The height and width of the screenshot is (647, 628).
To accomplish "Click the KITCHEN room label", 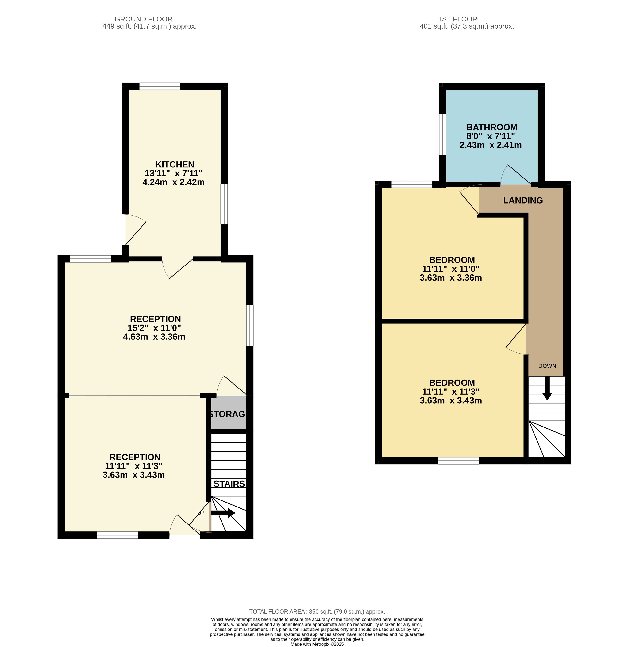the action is (x=175, y=164).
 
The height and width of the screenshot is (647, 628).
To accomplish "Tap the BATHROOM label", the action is (x=492, y=127).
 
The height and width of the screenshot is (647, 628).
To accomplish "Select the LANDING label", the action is (x=523, y=200).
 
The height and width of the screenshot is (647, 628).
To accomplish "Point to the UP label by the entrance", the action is (x=201, y=513).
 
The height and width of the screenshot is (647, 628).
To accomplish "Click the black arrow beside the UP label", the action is (x=223, y=513).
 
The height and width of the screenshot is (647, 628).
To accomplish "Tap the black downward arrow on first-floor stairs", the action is (x=547, y=388).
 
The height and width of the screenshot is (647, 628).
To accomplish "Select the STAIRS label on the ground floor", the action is (x=229, y=484).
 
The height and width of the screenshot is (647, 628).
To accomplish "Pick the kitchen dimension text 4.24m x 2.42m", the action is (x=173, y=182).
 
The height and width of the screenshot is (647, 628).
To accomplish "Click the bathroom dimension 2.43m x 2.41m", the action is (x=491, y=145).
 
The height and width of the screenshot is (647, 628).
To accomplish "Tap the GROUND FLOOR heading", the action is (x=143, y=19).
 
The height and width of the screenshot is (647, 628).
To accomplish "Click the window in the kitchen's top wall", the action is (x=160, y=86).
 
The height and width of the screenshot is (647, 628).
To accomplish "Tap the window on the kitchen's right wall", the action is (x=224, y=204).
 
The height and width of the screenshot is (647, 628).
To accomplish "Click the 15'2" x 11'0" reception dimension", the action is (x=154, y=328).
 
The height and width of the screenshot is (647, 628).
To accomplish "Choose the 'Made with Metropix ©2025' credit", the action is (x=317, y=644).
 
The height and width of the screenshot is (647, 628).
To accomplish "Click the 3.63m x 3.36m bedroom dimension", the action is (x=451, y=278).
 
